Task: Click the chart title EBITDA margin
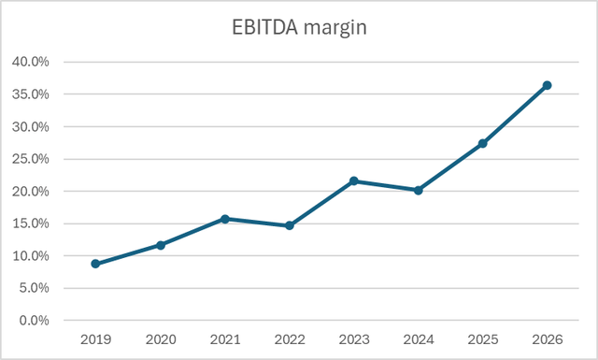299,27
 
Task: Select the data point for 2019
96,264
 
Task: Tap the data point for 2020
161,245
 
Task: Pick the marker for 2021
225,219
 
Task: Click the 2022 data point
290,225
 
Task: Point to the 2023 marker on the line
354,180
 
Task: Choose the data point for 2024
419,190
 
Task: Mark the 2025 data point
483,143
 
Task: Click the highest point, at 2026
548,85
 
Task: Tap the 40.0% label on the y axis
32,63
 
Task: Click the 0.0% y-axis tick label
35,321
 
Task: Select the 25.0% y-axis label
32,159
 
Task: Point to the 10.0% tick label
32,256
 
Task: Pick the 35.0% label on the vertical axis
32,94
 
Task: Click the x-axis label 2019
96,340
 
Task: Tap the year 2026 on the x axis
548,340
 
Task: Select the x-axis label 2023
354,340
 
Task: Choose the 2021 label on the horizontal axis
225,340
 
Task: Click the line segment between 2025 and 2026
515,114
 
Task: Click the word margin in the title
334,28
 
